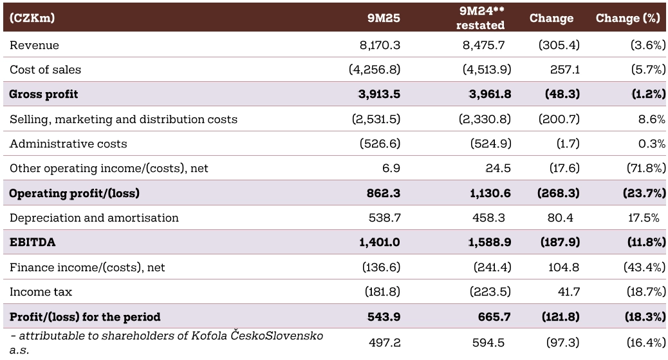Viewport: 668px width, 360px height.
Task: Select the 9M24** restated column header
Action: tap(481, 18)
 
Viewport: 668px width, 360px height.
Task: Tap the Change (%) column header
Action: tap(628, 19)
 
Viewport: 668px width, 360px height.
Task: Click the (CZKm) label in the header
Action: tap(32, 19)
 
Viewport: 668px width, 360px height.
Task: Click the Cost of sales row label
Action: tap(45, 70)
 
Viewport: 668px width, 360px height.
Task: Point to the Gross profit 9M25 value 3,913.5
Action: tap(379, 94)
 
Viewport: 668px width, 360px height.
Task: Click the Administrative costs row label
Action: tap(68, 144)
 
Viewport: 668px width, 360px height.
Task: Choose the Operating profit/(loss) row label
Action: tap(74, 193)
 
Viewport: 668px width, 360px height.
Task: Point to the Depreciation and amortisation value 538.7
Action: tap(384, 218)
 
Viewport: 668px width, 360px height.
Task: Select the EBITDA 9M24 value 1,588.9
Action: tap(490, 242)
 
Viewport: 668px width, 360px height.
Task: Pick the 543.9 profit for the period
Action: tap(384, 317)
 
